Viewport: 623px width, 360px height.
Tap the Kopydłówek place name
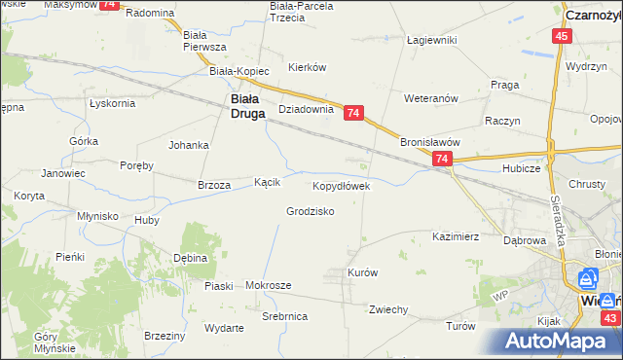(x=341, y=185)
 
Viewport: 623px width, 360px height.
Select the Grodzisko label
(x=311, y=211)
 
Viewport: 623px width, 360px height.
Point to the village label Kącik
(x=268, y=182)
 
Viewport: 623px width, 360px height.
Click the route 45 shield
(x=561, y=36)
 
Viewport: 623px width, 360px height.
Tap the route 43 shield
(x=610, y=318)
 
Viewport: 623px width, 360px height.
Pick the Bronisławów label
(x=429, y=141)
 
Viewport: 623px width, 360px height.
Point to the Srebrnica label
(x=285, y=317)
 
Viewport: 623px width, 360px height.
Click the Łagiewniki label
(x=432, y=41)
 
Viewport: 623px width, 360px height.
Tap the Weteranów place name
(x=431, y=98)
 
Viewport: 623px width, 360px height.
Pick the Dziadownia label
(x=307, y=110)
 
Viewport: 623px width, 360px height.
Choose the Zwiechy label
(x=387, y=309)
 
